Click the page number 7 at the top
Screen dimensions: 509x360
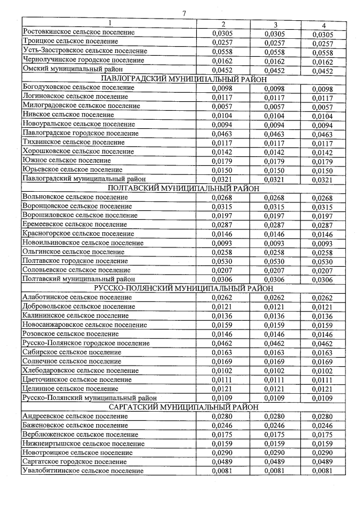tap(184, 13)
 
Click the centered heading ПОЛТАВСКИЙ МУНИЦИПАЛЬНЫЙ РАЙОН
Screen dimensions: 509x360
tap(183, 188)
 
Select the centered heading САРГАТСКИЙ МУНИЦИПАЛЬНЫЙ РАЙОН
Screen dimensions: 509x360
tap(184, 407)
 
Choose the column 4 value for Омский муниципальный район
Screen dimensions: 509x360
tap(322, 71)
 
